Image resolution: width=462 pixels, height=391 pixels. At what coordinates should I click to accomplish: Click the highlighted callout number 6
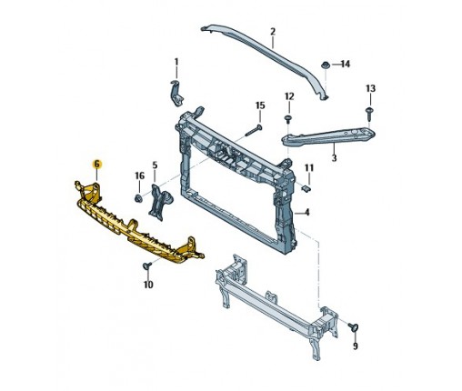(x=96, y=164)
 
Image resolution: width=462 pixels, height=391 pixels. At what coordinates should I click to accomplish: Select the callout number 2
(x=273, y=31)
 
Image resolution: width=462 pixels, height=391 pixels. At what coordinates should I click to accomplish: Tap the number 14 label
(x=346, y=64)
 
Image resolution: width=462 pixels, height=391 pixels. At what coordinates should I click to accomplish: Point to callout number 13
(x=370, y=88)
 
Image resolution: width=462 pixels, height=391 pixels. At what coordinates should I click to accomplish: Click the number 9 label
(x=356, y=346)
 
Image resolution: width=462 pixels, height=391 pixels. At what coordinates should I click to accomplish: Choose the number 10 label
(x=148, y=285)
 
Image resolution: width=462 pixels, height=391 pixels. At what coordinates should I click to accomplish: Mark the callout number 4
(x=307, y=212)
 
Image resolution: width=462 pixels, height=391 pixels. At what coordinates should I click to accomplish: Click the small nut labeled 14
(x=326, y=65)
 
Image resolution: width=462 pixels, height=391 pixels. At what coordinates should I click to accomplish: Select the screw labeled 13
(x=369, y=114)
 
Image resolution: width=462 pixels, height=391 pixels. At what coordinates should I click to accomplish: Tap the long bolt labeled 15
(x=253, y=131)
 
